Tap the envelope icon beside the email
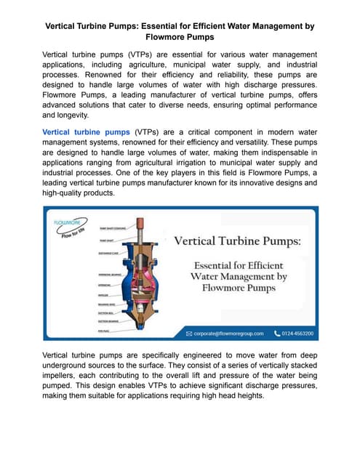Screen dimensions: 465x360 [x=190, y=333]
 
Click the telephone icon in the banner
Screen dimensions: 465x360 [x=277, y=333]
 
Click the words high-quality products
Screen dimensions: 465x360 [x=75, y=194]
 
